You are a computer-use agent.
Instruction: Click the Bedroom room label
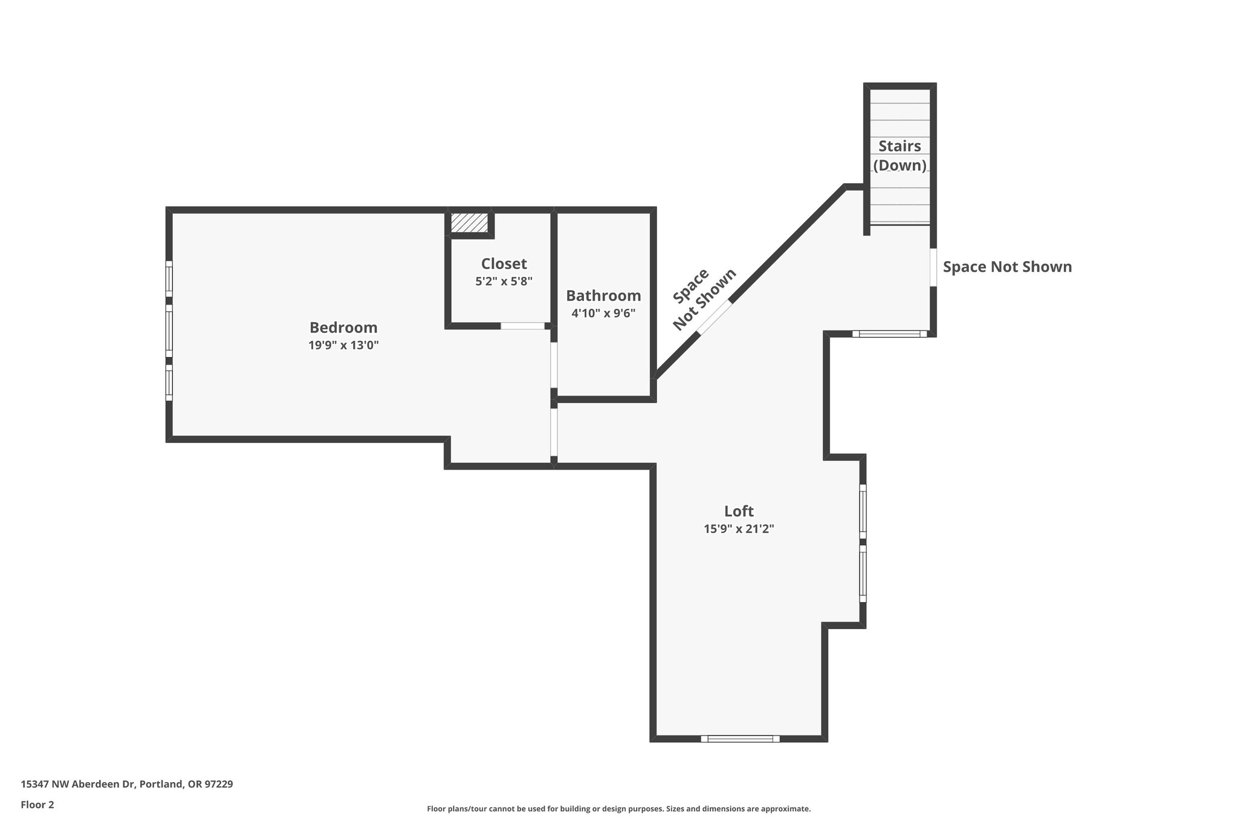coord(343,328)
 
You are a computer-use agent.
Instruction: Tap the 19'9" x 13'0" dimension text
coord(343,346)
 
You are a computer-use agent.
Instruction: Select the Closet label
coord(504,264)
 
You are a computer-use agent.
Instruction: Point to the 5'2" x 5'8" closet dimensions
coord(504,282)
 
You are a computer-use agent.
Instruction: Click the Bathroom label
coord(603,296)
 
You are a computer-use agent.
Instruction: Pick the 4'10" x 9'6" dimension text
coord(603,314)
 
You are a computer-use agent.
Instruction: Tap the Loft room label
coord(739,511)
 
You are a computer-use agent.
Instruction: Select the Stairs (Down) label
coord(899,156)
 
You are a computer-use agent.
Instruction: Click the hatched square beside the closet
coord(470,222)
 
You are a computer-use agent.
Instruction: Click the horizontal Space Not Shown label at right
coord(1007,267)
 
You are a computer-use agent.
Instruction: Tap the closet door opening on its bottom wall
coord(522,326)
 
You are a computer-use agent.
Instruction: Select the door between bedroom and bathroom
coord(554,365)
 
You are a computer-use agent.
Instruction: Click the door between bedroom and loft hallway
coord(554,433)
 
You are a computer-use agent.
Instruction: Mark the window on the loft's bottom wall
coord(740,739)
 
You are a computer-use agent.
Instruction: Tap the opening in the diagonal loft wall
coord(716,317)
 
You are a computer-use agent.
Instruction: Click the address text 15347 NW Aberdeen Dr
coord(126,785)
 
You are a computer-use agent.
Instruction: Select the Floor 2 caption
coord(37,805)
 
